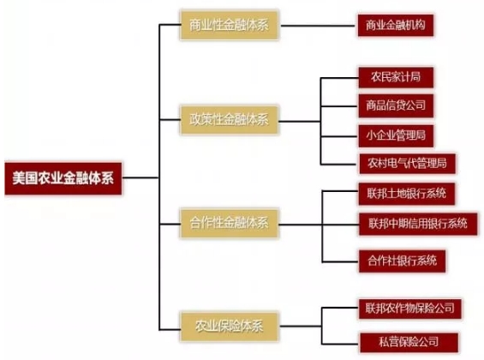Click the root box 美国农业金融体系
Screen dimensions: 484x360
(63, 178)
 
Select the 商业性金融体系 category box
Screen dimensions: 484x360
(229, 26)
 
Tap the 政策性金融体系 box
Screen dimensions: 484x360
(229, 120)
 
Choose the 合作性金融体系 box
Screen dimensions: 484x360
(229, 223)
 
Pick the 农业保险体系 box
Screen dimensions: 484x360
(229, 327)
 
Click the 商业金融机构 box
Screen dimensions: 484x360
(396, 26)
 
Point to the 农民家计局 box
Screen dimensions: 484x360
(396, 77)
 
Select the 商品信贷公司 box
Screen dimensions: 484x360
(396, 106)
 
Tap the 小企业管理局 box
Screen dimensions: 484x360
(396, 135)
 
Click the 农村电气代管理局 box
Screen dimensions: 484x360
(407, 164)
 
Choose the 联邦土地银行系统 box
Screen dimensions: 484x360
(407, 194)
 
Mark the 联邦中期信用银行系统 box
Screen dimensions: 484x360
(418, 224)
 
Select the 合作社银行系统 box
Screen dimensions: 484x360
(402, 261)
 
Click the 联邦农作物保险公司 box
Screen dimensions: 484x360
(410, 309)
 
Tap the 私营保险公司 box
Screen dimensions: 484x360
(409, 342)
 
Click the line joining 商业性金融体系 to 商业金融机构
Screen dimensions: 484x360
(318, 26)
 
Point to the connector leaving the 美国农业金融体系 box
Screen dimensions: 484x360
(140, 177)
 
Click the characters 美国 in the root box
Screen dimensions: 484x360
(25, 178)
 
